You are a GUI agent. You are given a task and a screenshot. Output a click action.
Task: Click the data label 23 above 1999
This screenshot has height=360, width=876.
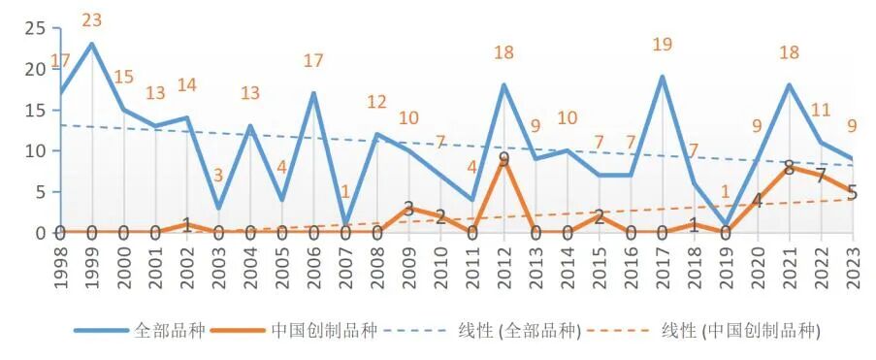92,20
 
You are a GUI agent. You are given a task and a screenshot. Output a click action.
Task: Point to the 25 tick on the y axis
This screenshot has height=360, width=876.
35,28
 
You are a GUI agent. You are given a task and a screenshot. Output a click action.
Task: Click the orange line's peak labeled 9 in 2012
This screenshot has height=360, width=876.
503,159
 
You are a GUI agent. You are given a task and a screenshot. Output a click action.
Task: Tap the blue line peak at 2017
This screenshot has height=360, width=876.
662,77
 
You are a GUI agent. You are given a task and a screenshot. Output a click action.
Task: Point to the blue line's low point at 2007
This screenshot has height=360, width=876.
344,224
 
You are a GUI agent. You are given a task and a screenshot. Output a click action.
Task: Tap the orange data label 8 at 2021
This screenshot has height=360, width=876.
789,167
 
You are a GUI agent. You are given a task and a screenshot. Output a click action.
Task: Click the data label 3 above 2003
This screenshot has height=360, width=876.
218,176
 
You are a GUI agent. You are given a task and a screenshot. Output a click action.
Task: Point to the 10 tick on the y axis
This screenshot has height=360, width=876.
35,150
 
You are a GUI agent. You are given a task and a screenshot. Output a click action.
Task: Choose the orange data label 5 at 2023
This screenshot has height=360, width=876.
852,192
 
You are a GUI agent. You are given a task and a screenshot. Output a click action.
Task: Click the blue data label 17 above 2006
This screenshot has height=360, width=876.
313,60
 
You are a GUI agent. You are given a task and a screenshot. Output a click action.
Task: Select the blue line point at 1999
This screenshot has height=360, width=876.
92,44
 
